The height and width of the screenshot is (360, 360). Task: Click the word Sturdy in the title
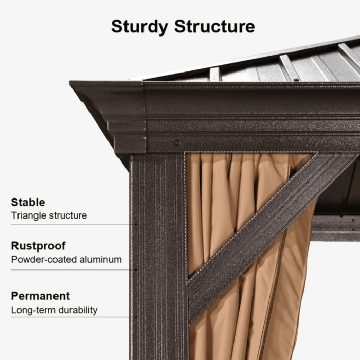(139, 27)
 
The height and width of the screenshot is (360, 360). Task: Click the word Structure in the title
(214, 26)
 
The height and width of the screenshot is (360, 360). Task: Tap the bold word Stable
(28, 202)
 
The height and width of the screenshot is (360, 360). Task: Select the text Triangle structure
(49, 215)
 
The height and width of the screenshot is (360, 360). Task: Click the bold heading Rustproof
(39, 246)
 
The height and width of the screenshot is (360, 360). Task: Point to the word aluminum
(101, 259)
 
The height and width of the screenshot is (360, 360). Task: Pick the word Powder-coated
(44, 259)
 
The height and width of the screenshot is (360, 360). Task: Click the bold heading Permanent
(41, 296)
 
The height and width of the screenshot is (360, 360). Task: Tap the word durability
(78, 310)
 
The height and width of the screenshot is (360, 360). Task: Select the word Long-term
(33, 310)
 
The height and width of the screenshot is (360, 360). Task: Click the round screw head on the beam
(176, 143)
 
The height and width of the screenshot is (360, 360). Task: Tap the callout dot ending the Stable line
(136, 224)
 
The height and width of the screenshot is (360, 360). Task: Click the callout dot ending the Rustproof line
(136, 270)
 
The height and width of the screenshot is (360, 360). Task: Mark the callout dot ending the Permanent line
(136, 317)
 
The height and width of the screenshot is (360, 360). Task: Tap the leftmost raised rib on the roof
(214, 74)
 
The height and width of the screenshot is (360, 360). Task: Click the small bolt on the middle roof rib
(296, 80)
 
